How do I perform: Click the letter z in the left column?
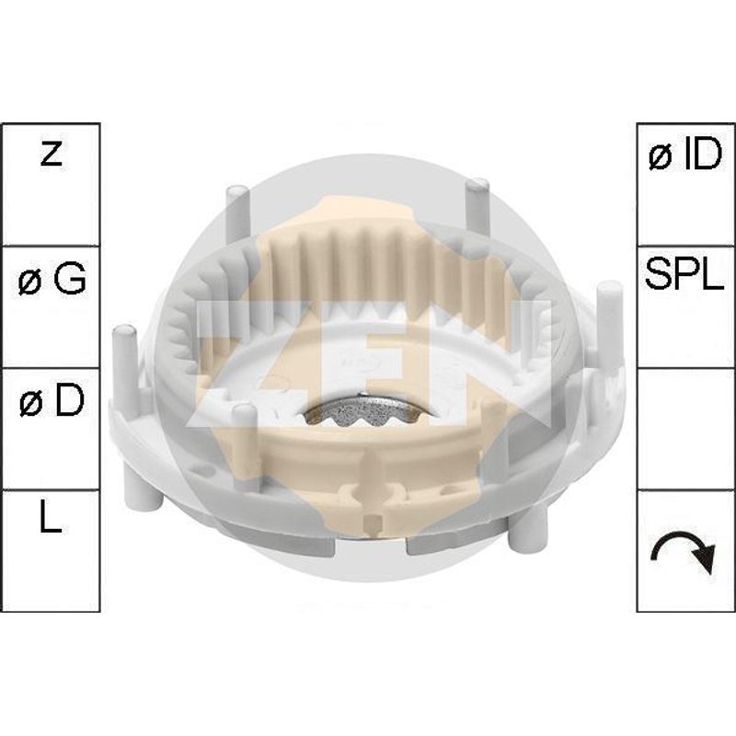(x=52, y=155)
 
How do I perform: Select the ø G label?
(x=52, y=279)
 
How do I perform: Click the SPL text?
(x=684, y=273)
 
